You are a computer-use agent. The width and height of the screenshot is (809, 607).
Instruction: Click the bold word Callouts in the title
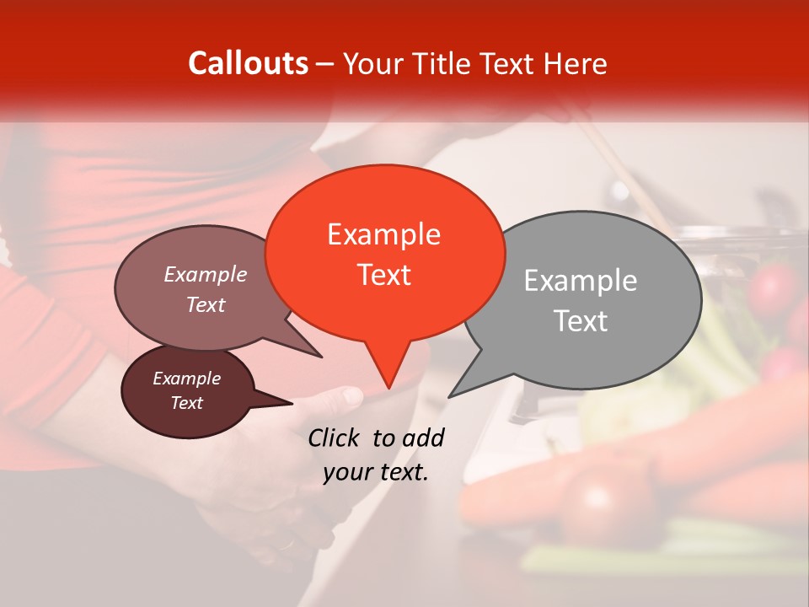point(248,63)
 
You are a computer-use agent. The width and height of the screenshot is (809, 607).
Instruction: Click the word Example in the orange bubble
point(383,234)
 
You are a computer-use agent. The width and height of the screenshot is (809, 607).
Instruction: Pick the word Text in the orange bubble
point(383,275)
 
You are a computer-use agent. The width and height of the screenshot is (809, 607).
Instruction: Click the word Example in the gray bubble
point(581,281)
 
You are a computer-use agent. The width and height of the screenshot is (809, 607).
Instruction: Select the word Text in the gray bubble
point(581,321)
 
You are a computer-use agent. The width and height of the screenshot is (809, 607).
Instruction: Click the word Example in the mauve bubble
point(205,274)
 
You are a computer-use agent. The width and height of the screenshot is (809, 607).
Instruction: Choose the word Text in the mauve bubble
point(205,304)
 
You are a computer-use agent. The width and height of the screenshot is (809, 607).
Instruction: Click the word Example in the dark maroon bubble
point(186,379)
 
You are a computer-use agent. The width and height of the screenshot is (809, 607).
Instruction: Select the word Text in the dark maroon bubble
point(186,403)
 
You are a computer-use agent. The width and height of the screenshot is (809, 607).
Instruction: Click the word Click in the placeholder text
point(335,438)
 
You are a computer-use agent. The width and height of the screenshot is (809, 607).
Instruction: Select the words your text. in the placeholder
point(376,472)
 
